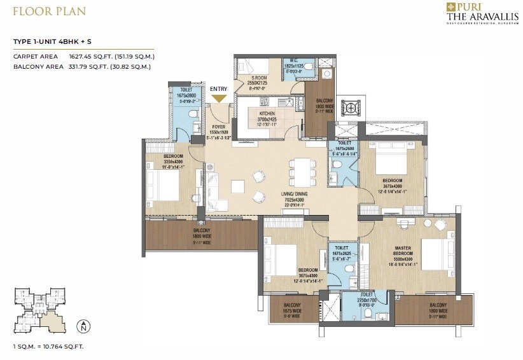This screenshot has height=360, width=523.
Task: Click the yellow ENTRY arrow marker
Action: pyautogui.click(x=219, y=99)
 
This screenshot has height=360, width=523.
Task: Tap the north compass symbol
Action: pyautogui.click(x=82, y=328)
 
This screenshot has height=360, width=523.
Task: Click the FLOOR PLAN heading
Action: pyautogui.click(x=49, y=11)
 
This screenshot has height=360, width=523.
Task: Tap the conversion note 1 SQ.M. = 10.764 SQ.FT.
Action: pyautogui.click(x=48, y=347)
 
